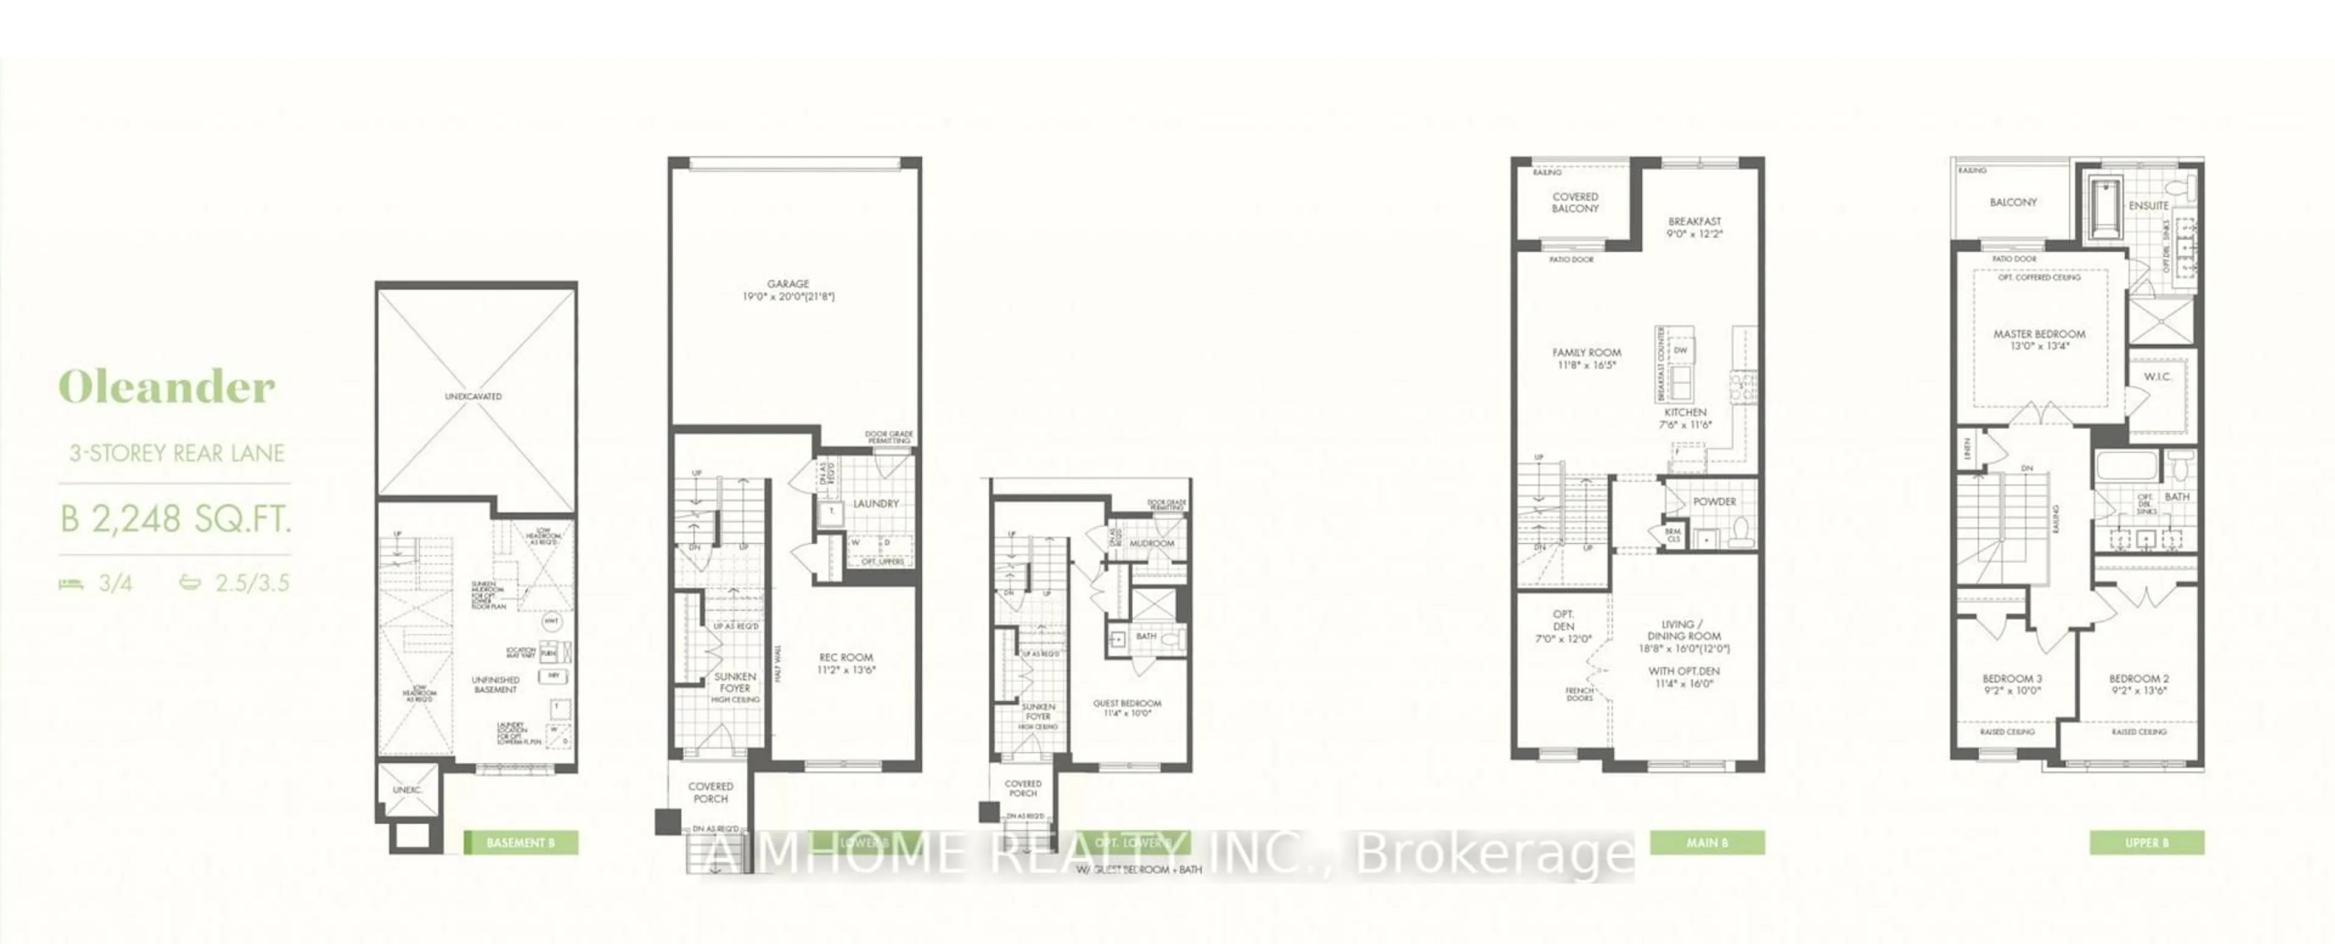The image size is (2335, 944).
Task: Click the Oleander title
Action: pos(167,388)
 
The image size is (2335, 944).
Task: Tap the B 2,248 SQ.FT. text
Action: pos(176,519)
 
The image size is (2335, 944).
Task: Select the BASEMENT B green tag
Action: pos(521,842)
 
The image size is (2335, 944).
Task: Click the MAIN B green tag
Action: pos(1707,842)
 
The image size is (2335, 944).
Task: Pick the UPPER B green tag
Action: pos(2147,842)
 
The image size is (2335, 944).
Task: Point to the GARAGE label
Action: pos(787,285)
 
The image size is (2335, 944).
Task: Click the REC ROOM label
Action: pos(846,658)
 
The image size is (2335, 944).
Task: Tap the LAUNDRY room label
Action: pos(876,503)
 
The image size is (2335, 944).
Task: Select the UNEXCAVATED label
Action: pos(473,397)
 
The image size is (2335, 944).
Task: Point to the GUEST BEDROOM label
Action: pos(1127,704)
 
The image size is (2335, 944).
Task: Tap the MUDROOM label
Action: pos(1151,543)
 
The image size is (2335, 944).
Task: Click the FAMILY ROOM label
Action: pos(1586,353)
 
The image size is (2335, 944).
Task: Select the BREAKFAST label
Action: pos(1694,221)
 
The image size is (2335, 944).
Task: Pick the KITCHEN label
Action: pos(1685,412)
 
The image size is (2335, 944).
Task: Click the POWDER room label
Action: pos(1715,501)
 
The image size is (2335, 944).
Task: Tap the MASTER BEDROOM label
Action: pos(2039,334)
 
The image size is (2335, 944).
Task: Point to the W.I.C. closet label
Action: pos(2158,377)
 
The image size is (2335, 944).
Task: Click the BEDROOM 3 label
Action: pos(2012,678)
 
